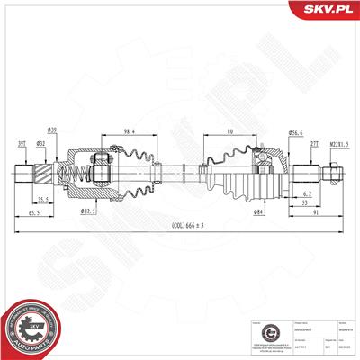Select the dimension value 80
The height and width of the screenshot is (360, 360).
[231, 131]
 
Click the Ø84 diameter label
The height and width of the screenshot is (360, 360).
[260, 211]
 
